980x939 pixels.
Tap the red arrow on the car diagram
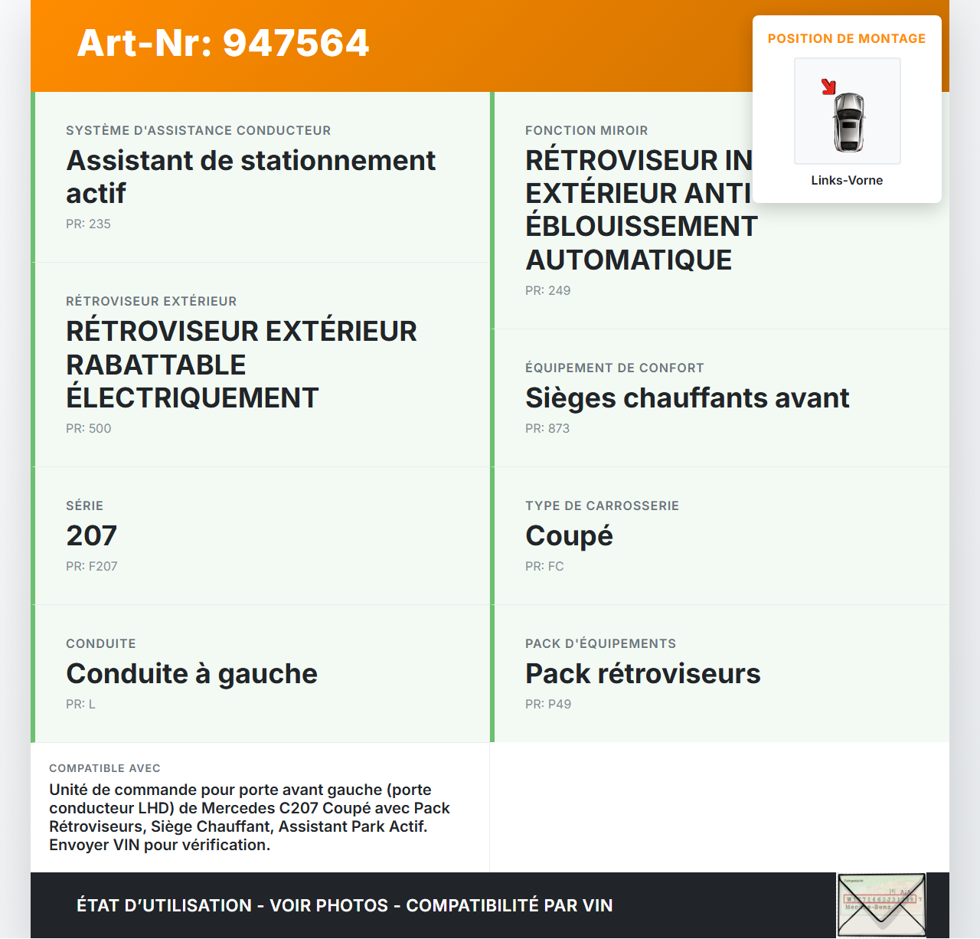tap(828, 87)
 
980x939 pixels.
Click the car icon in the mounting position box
tap(848, 122)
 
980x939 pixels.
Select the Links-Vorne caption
tap(847, 181)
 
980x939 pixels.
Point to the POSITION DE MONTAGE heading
tap(847, 39)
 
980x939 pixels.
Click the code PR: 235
tap(88, 224)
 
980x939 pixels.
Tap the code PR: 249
tap(547, 291)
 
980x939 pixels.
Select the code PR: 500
tap(88, 429)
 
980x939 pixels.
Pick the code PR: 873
tap(547, 429)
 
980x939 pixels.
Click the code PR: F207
tap(92, 567)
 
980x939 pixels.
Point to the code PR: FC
tap(544, 567)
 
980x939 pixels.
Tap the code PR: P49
tap(548, 705)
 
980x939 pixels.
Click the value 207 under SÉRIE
tap(92, 536)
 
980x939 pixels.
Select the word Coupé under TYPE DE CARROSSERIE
tap(569, 536)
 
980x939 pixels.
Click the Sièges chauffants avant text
tap(687, 398)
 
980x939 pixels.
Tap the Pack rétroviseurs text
tap(642, 674)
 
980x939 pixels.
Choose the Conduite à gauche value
tap(191, 674)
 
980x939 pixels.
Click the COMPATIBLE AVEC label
tap(105, 768)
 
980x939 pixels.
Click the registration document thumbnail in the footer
tap(881, 905)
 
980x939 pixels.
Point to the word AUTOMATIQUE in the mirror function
tap(629, 260)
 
